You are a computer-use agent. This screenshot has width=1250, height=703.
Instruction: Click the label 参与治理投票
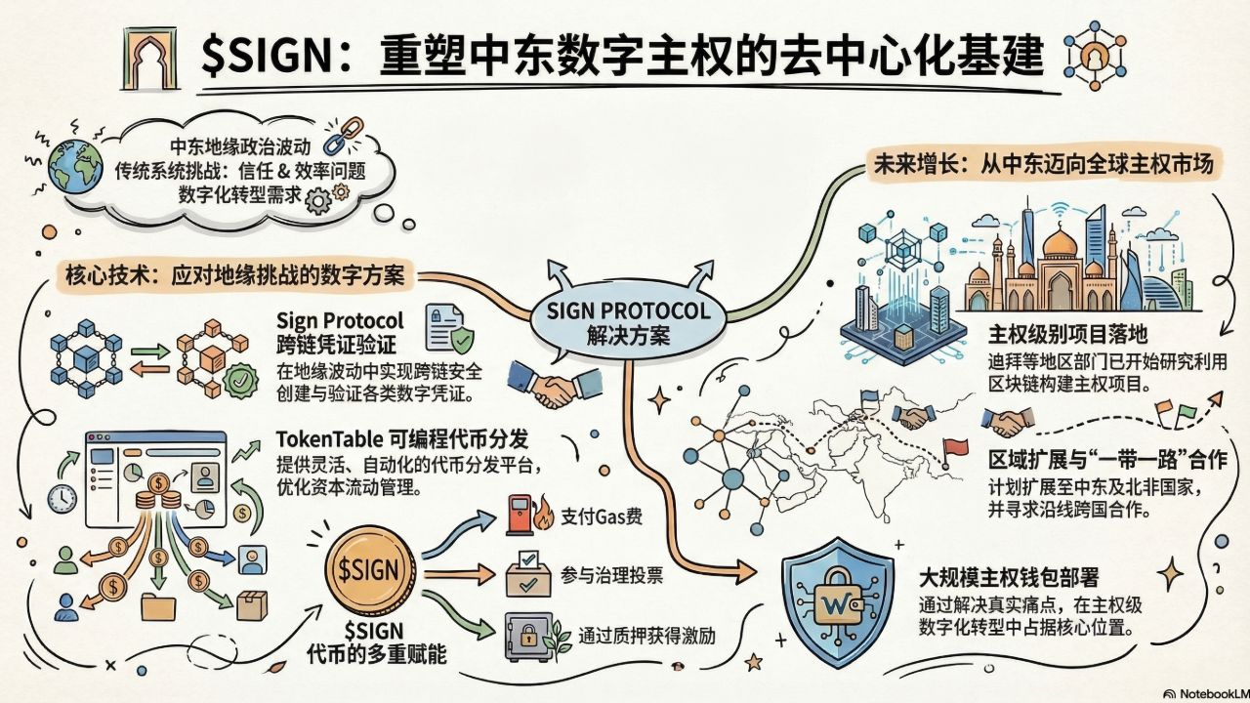pyautogui.click(x=612, y=577)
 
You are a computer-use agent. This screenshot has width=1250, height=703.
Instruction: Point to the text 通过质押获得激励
pyautogui.click(x=646, y=636)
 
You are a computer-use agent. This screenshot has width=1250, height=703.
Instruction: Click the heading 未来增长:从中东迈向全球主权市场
pyautogui.click(x=1041, y=165)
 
